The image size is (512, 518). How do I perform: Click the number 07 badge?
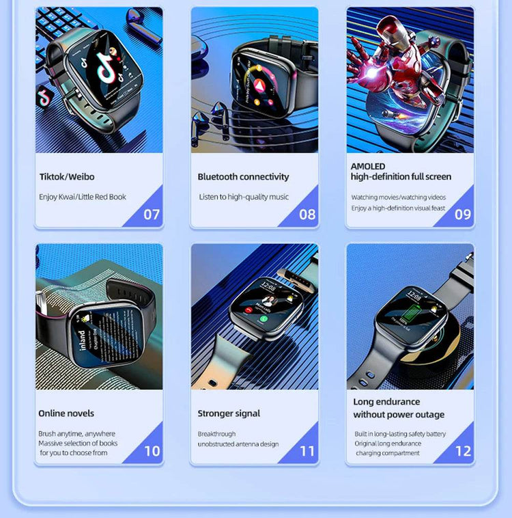tap(151, 214)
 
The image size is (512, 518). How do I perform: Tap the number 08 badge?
tap(307, 214)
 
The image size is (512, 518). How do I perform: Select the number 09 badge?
tap(463, 214)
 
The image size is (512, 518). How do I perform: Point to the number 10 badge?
tap(152, 451)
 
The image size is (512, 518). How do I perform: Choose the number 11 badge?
tap(307, 451)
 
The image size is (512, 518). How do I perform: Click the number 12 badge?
tap(463, 451)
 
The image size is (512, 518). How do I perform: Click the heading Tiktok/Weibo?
tap(67, 177)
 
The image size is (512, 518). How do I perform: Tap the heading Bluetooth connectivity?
tap(243, 177)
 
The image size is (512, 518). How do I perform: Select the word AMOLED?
tap(368, 166)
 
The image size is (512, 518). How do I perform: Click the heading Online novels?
tap(66, 413)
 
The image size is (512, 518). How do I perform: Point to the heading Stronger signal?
tap(229, 413)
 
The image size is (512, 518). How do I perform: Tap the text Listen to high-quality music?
tap(244, 197)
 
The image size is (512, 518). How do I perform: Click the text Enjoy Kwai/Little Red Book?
tap(83, 197)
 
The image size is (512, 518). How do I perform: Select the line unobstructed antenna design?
tap(238, 444)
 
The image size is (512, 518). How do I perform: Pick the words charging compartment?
tap(388, 453)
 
